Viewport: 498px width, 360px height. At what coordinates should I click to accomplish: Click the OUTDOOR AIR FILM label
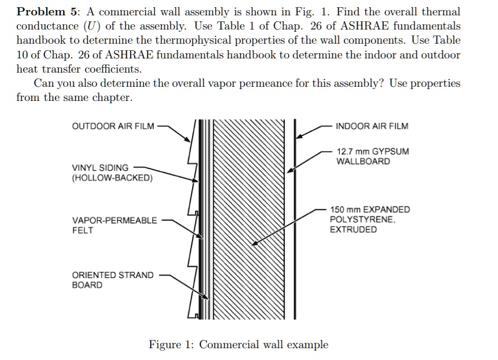[112, 126]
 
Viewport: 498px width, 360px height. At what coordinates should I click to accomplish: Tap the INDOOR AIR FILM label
[372, 126]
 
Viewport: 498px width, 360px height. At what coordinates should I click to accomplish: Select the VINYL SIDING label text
[100, 168]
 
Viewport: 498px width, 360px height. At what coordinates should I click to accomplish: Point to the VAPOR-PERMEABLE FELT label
[114, 225]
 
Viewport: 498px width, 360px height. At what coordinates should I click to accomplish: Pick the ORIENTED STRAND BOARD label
[112, 280]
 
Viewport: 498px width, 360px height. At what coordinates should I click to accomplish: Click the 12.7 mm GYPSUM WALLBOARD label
[372, 156]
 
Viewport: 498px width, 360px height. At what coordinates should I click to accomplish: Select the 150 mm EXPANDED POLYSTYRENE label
[370, 219]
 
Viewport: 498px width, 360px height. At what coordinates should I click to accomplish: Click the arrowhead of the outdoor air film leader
[187, 139]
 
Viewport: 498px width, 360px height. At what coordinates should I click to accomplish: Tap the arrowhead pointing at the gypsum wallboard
[289, 171]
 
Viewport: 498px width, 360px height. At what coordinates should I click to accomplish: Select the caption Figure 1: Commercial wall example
[238, 344]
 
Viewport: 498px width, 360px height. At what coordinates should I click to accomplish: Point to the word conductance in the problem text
[48, 26]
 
